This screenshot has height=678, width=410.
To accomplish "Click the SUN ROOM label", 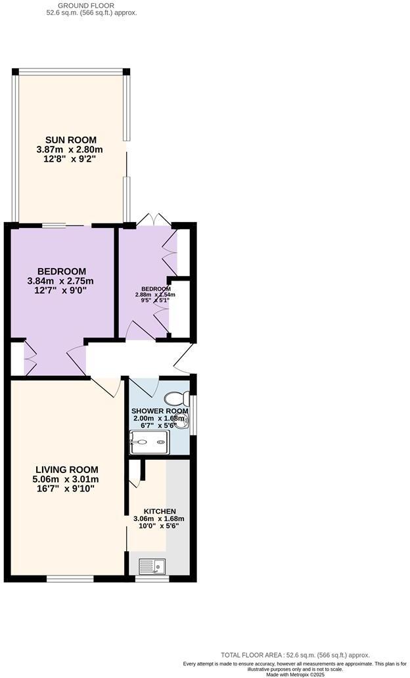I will point(70,140).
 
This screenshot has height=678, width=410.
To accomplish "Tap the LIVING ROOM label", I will point(66,470).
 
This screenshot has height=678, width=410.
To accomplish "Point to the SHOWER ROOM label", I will point(160,411).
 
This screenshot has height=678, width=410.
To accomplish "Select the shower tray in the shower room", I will point(150,443).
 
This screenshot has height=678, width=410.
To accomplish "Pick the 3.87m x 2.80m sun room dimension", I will point(70,150).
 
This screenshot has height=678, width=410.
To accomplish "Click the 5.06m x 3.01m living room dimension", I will point(66,479).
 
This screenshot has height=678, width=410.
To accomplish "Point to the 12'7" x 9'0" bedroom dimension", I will point(62,290).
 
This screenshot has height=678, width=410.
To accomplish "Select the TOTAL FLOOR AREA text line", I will point(295,655).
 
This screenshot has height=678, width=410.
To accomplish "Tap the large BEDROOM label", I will point(62,271).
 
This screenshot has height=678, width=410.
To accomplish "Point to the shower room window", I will point(193,415).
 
